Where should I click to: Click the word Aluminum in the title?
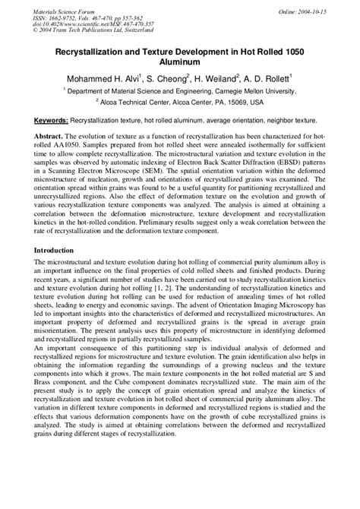coord(179,62)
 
